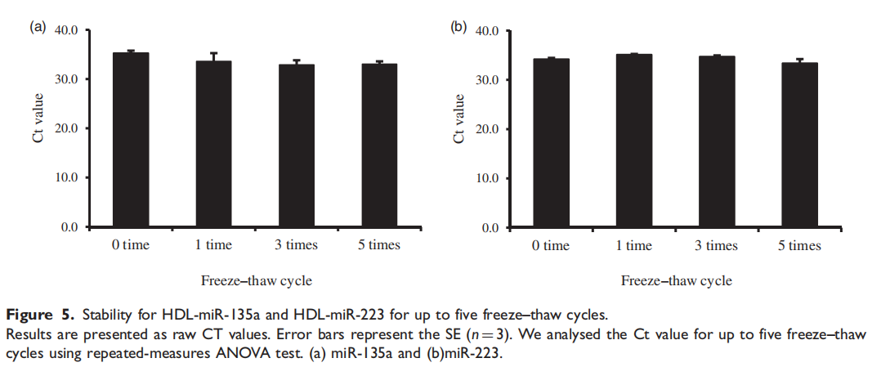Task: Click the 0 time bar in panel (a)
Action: tap(130, 139)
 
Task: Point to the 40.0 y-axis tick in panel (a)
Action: tap(65, 30)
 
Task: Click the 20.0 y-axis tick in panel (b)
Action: tap(485, 129)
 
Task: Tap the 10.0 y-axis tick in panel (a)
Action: tap(65, 177)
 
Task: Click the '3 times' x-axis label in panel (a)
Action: tap(297, 245)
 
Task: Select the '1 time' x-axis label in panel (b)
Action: tap(633, 246)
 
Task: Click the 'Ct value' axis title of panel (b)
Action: tap(458, 119)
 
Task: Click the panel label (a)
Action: tap(38, 26)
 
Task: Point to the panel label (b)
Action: tap(458, 27)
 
